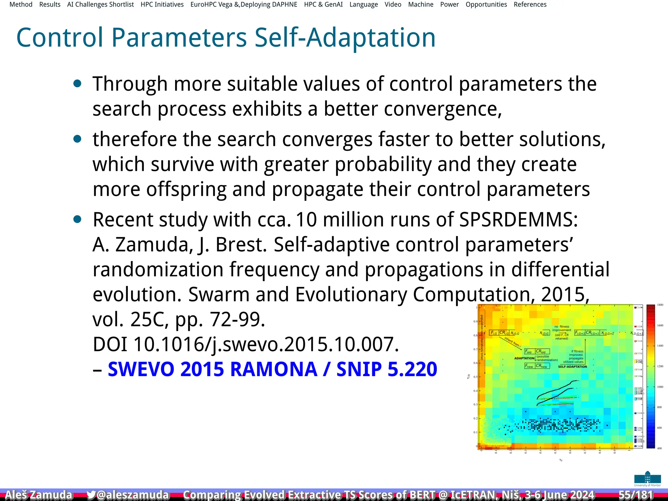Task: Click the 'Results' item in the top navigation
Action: tap(50, 5)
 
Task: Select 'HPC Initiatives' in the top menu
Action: tap(162, 5)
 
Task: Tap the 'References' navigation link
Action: tap(530, 5)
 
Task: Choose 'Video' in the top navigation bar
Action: tap(393, 5)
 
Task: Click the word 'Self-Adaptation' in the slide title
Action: tap(345, 38)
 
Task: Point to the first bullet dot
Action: tap(77, 84)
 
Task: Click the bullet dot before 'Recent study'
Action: tap(77, 220)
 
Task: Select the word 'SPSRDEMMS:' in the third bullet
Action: tap(519, 220)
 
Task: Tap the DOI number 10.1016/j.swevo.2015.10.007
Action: tap(266, 344)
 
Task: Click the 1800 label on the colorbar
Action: tap(660, 305)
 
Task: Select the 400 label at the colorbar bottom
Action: tap(659, 448)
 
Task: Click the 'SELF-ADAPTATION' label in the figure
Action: tap(572, 367)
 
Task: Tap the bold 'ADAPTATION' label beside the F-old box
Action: tap(524, 358)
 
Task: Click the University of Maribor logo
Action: tap(647, 479)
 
